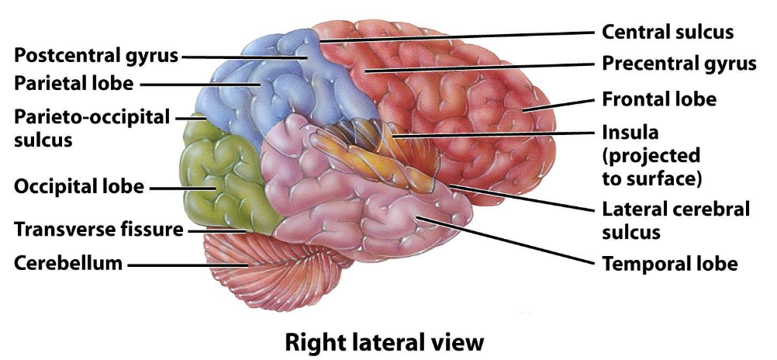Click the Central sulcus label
(668, 33)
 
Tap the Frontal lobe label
(659, 99)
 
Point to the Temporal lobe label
(669, 264)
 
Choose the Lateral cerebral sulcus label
(676, 220)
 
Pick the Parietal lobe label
(74, 82)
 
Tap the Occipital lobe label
(79, 187)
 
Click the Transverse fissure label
(99, 230)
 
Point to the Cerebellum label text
(68, 264)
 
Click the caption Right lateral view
(384, 341)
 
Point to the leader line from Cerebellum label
(186, 265)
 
